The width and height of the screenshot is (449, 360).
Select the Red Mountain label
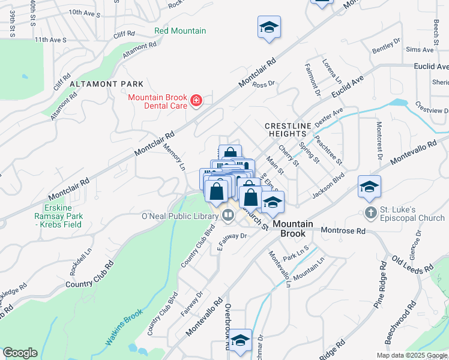[180, 31]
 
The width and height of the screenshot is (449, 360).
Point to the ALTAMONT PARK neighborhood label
[106, 83]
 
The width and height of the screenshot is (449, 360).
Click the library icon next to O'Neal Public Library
[228, 216]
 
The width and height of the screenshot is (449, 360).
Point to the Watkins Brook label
[124, 327]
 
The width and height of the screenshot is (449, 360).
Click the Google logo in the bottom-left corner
[20, 353]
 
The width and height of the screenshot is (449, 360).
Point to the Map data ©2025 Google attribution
[412, 355]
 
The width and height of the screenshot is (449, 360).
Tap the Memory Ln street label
[173, 157]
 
